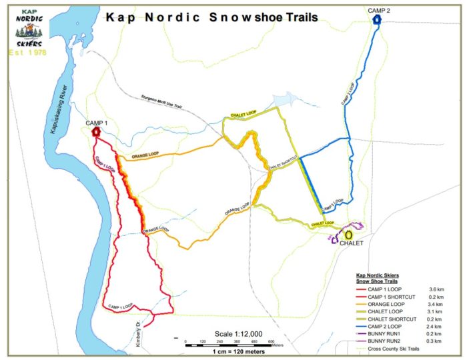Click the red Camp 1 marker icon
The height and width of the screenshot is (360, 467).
pyautogui.click(x=97, y=132)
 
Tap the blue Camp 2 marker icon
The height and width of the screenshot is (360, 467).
pyautogui.click(x=377, y=20)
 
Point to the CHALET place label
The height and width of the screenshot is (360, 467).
pyautogui.click(x=352, y=243)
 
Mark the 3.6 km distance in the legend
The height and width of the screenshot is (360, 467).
pyautogui.click(x=440, y=289)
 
